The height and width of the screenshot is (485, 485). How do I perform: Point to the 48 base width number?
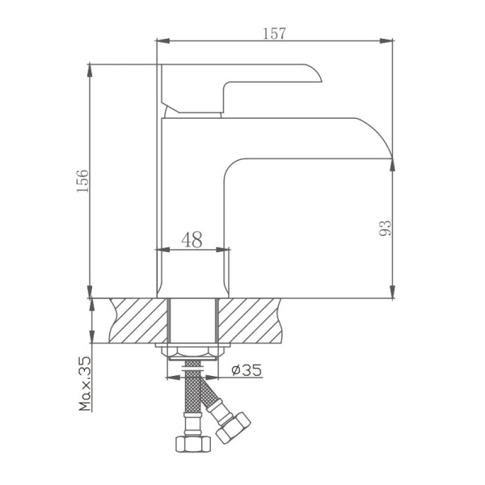tap(192, 239)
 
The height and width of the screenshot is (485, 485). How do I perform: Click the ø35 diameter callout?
tap(246, 371)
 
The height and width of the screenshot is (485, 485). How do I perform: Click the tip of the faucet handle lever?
tap(319, 78)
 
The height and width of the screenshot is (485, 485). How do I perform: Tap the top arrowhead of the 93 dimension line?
tap(392, 162)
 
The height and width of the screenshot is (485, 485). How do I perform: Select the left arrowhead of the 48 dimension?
tap(159, 250)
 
